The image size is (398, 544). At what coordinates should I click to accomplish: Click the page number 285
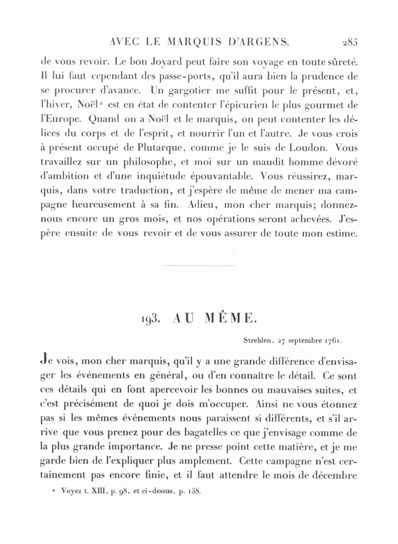(349, 43)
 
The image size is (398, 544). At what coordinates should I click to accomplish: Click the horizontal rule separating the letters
(199, 266)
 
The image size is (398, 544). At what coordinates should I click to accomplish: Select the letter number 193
(151, 320)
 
